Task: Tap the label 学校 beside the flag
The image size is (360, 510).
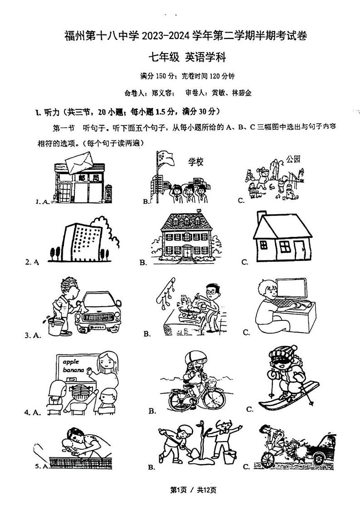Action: click(195, 162)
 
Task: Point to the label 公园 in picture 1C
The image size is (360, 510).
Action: click(293, 159)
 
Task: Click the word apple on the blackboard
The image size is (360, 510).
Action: click(71, 362)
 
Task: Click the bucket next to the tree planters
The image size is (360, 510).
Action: click(229, 456)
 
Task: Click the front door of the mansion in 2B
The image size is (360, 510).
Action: click(187, 251)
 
